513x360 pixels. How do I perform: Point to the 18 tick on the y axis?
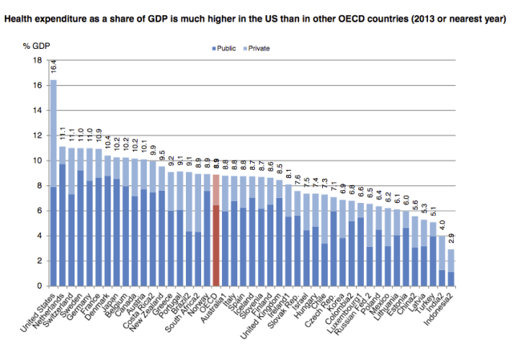[x=38, y=60]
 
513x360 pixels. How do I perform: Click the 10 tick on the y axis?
[x=38, y=160]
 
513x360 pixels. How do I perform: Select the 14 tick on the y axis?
[x=38, y=110]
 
